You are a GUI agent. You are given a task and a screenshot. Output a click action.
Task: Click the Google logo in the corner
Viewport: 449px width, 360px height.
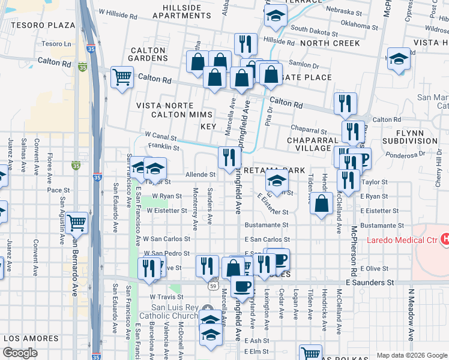[20, 353]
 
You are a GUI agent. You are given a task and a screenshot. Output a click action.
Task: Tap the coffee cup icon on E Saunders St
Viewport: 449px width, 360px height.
[242, 286]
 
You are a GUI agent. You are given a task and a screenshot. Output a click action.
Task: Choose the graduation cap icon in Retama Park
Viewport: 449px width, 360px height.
[276, 179]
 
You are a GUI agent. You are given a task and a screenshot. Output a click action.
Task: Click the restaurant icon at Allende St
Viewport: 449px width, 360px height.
[229, 157]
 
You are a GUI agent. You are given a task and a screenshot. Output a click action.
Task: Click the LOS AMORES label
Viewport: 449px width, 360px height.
[30, 337]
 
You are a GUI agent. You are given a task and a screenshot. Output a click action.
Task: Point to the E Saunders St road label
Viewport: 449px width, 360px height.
[370, 281]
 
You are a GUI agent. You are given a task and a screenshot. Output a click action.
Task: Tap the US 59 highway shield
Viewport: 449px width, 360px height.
[213, 287]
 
